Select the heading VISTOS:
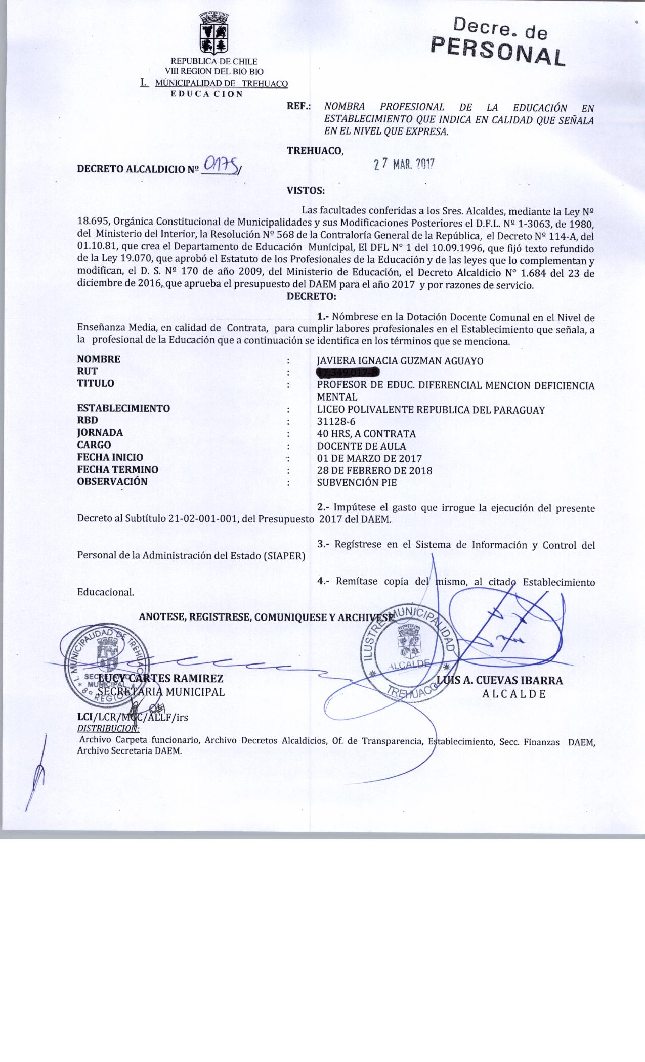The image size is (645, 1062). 306,191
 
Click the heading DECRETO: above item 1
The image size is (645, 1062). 311,296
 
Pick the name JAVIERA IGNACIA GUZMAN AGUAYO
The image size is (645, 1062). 400,361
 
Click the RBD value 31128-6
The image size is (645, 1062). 336,421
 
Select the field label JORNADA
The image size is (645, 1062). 100,433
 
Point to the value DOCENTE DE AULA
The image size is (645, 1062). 361,446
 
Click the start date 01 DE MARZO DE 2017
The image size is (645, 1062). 369,459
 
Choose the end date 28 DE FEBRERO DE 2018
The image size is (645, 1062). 374,470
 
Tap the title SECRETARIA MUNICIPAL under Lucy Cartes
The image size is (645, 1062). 161,692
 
